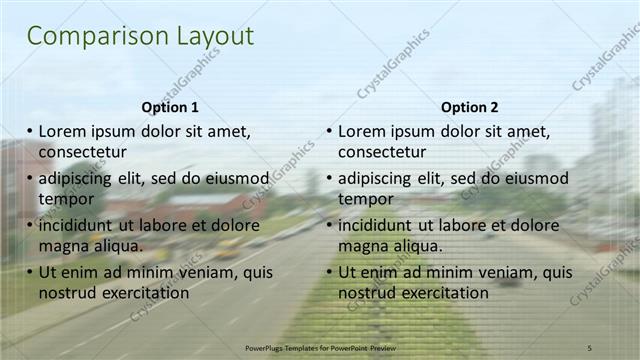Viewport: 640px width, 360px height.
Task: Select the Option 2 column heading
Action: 469,107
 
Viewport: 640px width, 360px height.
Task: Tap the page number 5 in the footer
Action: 589,347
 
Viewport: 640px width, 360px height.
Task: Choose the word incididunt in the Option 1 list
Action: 79,226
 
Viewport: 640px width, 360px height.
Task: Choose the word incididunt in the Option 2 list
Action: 378,226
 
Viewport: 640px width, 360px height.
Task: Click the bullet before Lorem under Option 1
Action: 30,131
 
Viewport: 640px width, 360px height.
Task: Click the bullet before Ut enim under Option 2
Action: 329,272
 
